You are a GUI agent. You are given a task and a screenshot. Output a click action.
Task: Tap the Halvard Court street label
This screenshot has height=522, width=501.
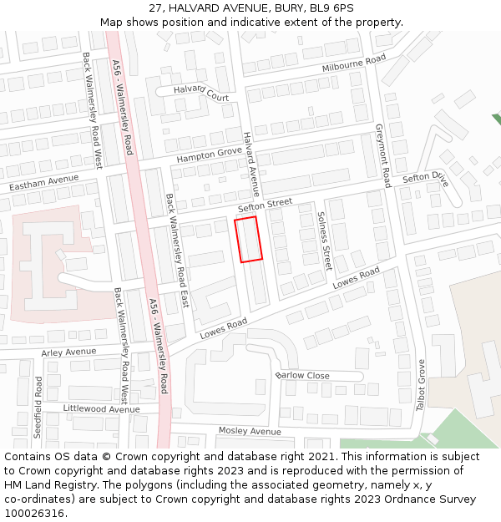pyautogui.click(x=201, y=93)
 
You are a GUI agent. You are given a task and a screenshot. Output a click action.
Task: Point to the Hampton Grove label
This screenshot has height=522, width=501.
pyautogui.click(x=209, y=155)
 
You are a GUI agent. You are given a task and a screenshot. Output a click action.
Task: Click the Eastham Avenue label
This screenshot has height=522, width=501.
pyautogui.click(x=43, y=182)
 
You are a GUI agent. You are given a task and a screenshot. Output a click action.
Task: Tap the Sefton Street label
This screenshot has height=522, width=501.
pyautogui.click(x=265, y=204)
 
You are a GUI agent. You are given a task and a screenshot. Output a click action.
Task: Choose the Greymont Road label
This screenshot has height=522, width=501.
pyautogui.click(x=383, y=155)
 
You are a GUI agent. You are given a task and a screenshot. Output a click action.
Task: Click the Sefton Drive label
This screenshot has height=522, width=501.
pyautogui.click(x=425, y=178)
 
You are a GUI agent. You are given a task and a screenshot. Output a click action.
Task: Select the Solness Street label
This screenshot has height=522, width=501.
pyautogui.click(x=324, y=241)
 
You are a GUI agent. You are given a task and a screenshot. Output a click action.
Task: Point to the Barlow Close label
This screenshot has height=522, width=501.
pyautogui.click(x=302, y=376)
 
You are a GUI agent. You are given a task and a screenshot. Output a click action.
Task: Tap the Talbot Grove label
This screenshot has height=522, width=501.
pyautogui.click(x=422, y=385)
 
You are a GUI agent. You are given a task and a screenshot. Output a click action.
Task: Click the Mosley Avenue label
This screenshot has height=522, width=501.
pyautogui.click(x=250, y=431)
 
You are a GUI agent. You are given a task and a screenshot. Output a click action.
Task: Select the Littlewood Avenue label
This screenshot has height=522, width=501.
pyautogui.click(x=102, y=408)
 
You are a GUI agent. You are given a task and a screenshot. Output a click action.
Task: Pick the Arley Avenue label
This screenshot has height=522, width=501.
pyautogui.click(x=68, y=352)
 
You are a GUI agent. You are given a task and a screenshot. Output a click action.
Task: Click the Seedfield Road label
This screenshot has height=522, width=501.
pyautogui.click(x=38, y=407)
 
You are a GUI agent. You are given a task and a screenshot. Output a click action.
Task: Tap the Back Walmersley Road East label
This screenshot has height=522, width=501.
pyautogui.click(x=177, y=251)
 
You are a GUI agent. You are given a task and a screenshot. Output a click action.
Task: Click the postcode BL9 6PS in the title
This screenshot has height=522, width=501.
pyautogui.click(x=331, y=8)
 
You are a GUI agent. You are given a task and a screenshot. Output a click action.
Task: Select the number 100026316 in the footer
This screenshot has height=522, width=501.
pyautogui.click(x=36, y=514)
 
